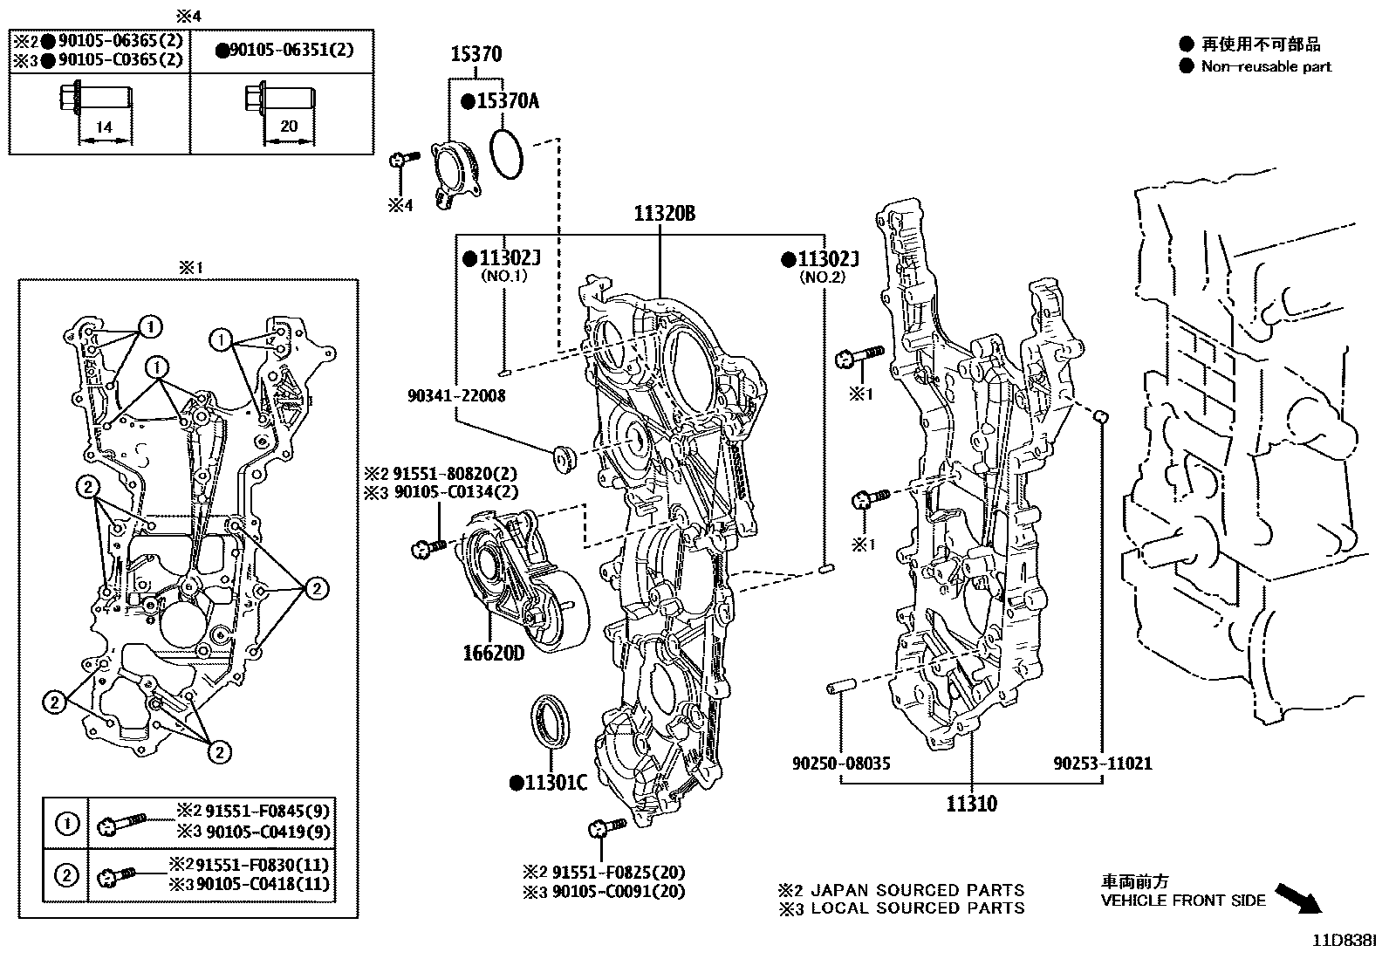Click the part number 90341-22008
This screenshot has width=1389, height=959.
tap(456, 395)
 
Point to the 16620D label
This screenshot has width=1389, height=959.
tap(494, 653)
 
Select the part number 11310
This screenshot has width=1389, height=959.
tap(971, 803)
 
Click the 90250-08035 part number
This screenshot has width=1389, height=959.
tap(841, 764)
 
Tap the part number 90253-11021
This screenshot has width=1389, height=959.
tap(1102, 764)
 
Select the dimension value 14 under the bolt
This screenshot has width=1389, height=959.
tap(104, 127)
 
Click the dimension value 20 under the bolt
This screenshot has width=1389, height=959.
tap(289, 127)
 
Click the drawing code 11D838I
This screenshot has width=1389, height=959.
tap(1345, 942)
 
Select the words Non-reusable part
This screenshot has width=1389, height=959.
tap(1266, 66)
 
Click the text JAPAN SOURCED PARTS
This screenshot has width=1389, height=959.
tap(917, 890)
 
